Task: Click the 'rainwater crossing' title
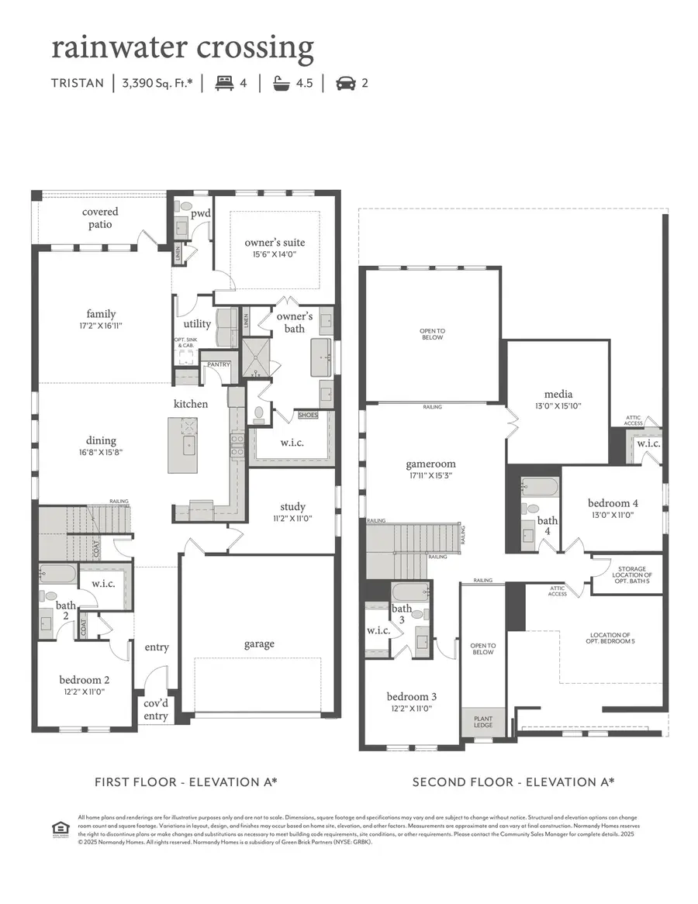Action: pos(182,48)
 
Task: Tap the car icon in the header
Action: pos(346,83)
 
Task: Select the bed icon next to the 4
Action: pos(224,83)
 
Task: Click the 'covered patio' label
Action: pos(100,218)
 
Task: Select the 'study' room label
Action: pos(292,507)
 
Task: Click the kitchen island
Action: pos(182,444)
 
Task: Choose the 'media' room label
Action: pos(558,394)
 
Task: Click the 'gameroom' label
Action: pos(429,464)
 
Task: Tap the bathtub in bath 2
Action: pos(57,574)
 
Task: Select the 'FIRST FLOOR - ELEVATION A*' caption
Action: pos(185,782)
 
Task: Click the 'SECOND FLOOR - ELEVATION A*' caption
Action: pos(513,782)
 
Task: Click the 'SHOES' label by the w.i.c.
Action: pos(308,416)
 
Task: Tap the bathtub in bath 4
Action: pos(540,488)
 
